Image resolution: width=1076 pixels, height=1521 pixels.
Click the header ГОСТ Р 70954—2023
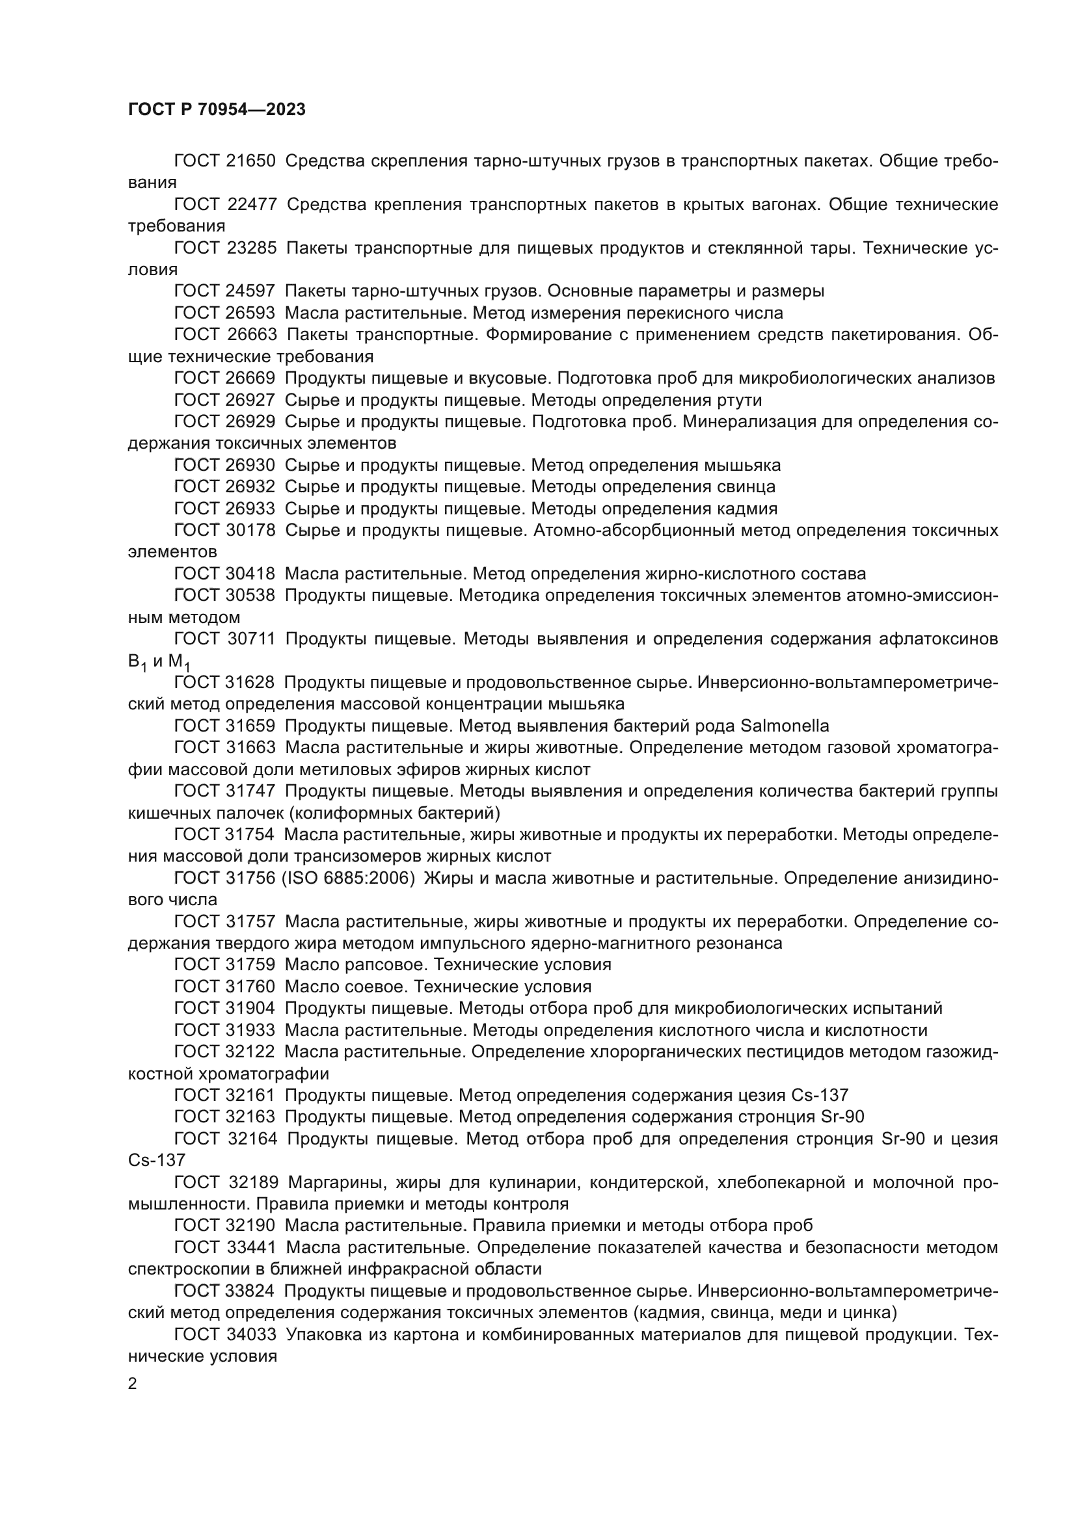(x=217, y=110)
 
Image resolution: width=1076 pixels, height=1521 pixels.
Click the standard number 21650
(x=251, y=161)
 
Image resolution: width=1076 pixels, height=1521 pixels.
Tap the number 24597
(x=251, y=291)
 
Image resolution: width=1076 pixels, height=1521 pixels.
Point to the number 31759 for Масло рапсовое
(x=251, y=964)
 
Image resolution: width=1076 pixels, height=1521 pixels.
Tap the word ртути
(x=740, y=400)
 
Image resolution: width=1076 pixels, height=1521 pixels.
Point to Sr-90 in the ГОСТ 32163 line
(x=842, y=1117)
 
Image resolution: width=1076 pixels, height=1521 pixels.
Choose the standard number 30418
(x=251, y=574)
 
